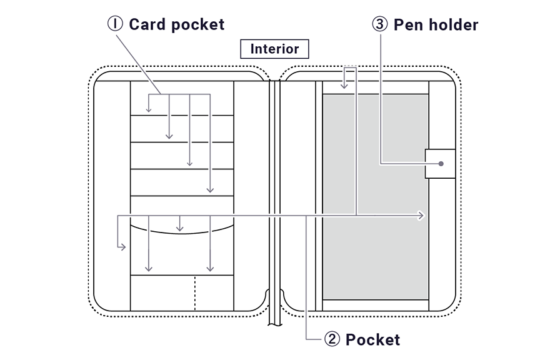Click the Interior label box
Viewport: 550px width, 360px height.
pyautogui.click(x=274, y=49)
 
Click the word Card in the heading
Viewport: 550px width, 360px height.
pyautogui.click(x=144, y=24)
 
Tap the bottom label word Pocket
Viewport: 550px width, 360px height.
pyautogui.click(x=372, y=339)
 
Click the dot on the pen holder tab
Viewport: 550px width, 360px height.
pyautogui.click(x=441, y=164)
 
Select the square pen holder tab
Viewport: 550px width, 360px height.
pyautogui.click(x=440, y=164)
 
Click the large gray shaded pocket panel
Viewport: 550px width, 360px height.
pyautogui.click(x=375, y=250)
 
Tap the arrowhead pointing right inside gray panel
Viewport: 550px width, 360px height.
pyautogui.click(x=422, y=216)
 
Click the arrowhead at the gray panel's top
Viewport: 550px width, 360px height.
pyautogui.click(x=343, y=85)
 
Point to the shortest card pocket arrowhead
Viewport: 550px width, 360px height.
pyautogui.click(x=149, y=110)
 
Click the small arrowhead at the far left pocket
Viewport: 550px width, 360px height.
pyautogui.click(x=122, y=247)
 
